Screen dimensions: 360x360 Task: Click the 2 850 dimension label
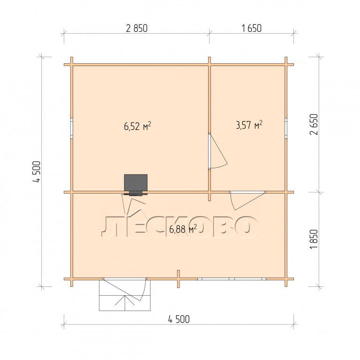(x=137, y=28)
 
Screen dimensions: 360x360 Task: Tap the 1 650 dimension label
(x=251, y=28)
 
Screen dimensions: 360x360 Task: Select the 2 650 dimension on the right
(x=314, y=124)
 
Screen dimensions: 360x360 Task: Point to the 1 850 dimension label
(x=314, y=239)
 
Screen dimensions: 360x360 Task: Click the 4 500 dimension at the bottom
(x=179, y=319)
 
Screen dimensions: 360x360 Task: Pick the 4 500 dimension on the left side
(x=37, y=172)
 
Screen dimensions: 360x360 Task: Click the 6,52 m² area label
(x=137, y=126)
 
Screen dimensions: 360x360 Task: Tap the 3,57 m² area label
(x=249, y=125)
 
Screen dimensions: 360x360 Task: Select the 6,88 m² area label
(x=183, y=229)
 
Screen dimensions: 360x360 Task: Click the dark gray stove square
(x=135, y=183)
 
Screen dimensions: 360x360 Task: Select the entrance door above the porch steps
(x=125, y=290)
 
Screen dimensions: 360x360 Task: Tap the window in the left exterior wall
(x=72, y=128)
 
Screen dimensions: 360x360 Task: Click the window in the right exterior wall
(x=286, y=128)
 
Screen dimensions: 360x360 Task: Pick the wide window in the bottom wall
(x=232, y=279)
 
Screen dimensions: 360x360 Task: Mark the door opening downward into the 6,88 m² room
(x=247, y=200)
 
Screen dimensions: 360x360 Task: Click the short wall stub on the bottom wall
(x=179, y=279)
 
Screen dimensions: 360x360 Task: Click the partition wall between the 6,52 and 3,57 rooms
(x=210, y=128)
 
